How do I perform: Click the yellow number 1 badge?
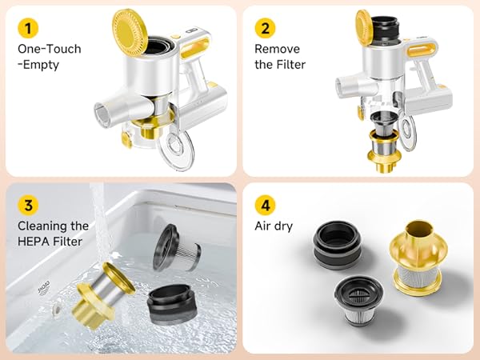(x=28, y=28)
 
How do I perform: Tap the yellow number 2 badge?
(x=265, y=28)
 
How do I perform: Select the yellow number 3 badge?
(x=28, y=205)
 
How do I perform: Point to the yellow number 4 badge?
(x=265, y=205)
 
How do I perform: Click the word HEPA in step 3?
(x=32, y=242)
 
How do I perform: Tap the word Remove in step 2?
(x=277, y=49)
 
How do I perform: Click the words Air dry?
(x=274, y=226)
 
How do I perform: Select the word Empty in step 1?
(x=41, y=65)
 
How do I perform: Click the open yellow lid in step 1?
(x=130, y=33)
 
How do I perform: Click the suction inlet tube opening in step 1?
(x=102, y=115)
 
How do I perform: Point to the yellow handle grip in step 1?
(x=194, y=48)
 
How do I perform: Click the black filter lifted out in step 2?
(x=385, y=30)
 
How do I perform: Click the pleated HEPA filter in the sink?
(x=176, y=248)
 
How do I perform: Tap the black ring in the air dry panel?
(x=337, y=245)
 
